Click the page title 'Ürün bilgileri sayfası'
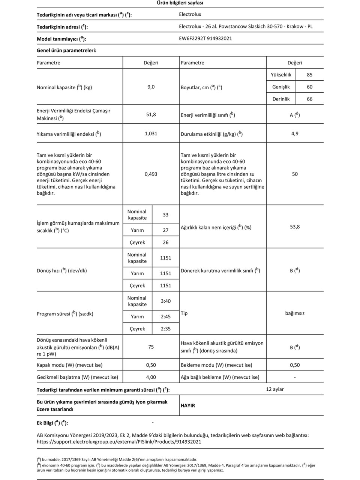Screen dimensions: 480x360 180,3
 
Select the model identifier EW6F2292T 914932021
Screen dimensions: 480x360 205,38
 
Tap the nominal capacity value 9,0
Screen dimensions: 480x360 151,87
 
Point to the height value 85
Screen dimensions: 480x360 309,75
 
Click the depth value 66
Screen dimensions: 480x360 309,99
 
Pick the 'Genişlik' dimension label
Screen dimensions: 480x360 281,87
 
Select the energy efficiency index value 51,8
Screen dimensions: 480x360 151,114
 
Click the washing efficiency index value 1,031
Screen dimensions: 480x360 151,133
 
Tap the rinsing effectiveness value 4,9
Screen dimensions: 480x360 295,133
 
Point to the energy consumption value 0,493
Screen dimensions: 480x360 151,174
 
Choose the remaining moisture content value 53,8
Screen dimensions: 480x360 295,227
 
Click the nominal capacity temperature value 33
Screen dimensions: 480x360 165,215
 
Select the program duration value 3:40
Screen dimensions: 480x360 165,301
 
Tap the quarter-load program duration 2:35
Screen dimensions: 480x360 165,329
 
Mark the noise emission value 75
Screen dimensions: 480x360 151,347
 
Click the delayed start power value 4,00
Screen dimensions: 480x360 151,377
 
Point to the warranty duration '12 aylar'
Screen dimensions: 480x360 275,389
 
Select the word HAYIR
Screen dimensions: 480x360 188,406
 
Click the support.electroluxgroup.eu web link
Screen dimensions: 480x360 119,442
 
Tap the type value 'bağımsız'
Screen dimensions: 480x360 295,313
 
